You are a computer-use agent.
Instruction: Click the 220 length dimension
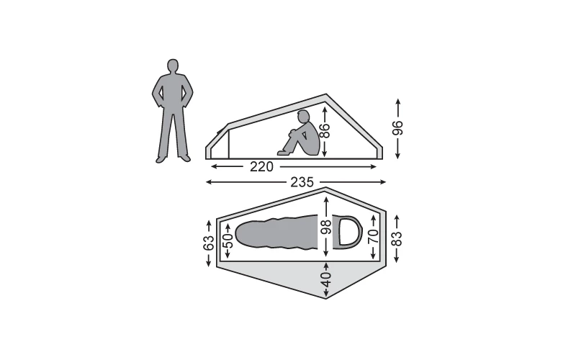[261, 167]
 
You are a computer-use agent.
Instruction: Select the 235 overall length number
[302, 182]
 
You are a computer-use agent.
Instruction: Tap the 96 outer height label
[397, 128]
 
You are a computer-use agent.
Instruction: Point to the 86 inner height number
[325, 131]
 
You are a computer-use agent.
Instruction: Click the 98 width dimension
[326, 226]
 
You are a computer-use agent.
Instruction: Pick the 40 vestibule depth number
[326, 279]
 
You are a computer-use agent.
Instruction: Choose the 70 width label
[373, 236]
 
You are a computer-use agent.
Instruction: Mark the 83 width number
[397, 238]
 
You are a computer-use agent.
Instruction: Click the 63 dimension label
[208, 243]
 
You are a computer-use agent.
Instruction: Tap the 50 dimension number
[228, 241]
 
